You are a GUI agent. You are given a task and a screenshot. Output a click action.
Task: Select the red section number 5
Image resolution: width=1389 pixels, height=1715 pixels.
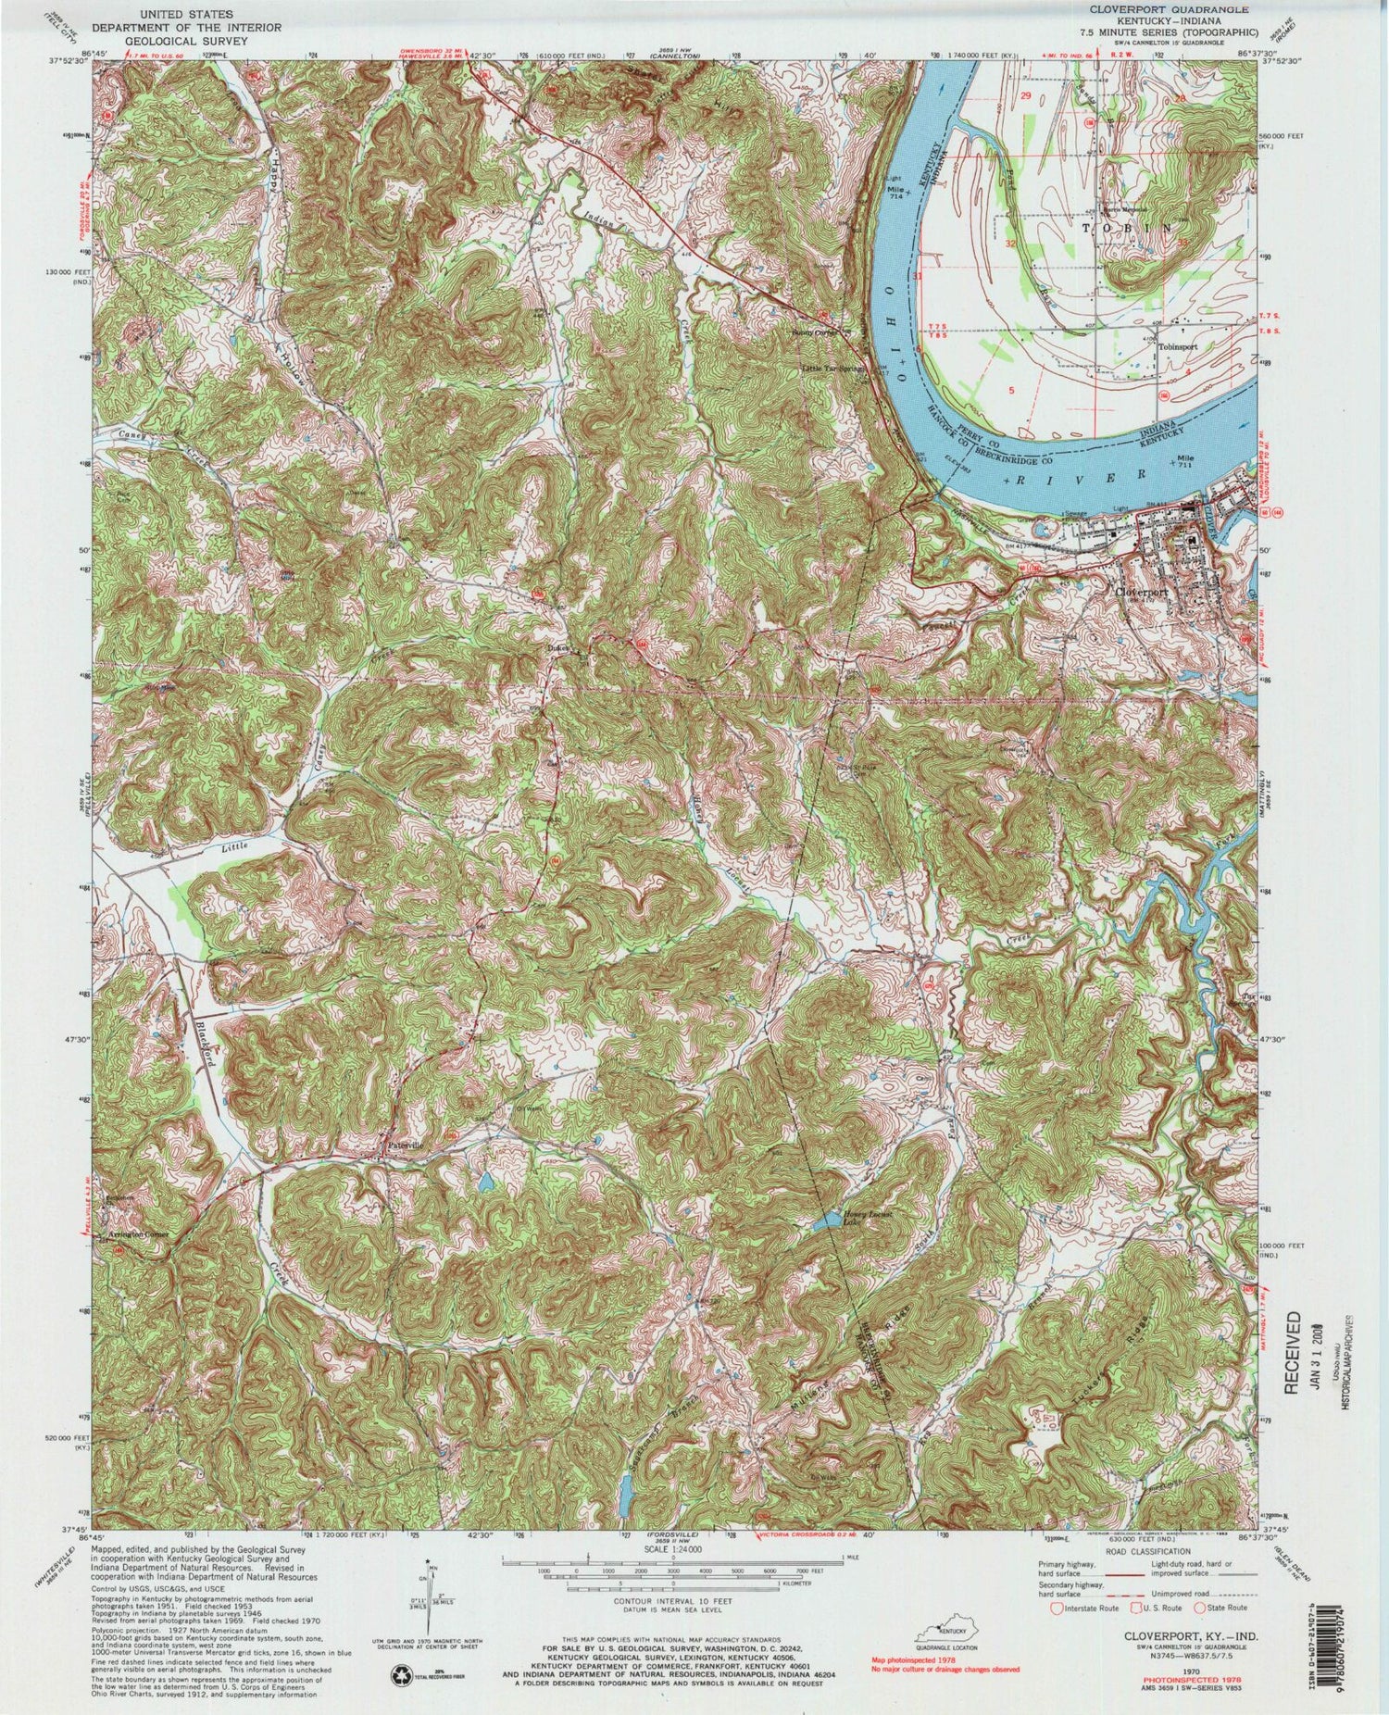pos(1013,391)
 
